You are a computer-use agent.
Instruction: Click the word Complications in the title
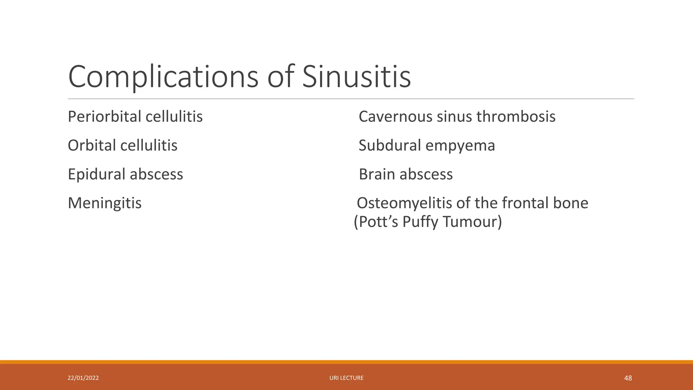[163, 77]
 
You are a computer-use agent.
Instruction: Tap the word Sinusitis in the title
[356, 77]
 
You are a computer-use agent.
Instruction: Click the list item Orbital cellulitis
[122, 146]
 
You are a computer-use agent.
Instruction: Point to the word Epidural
[96, 174]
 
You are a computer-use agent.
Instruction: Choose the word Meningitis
[105, 203]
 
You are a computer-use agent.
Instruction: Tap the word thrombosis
[516, 117]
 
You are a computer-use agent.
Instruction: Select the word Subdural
[390, 146]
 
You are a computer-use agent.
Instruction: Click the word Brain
[377, 174]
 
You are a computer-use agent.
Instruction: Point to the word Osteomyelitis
[404, 203]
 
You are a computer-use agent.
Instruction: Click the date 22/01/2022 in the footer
[83, 378]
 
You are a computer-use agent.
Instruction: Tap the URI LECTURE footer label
[346, 378]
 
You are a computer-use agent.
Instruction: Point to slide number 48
[628, 378]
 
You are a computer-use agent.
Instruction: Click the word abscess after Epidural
[156, 174]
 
